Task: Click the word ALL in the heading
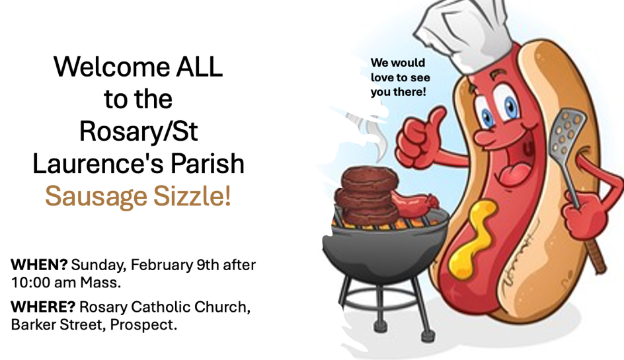200,67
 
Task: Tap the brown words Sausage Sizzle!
138,196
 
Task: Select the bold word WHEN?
39,264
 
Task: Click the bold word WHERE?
43,307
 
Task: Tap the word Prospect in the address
143,325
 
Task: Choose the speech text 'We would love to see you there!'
401,77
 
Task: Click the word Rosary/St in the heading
139,131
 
